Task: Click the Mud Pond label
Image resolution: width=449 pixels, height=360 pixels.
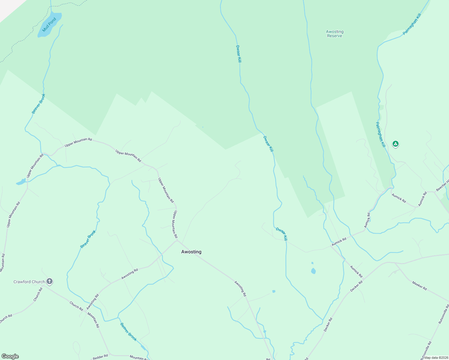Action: point(49,25)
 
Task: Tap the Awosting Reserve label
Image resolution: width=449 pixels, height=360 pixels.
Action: point(335,34)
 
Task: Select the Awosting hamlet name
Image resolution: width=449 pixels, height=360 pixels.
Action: point(191,252)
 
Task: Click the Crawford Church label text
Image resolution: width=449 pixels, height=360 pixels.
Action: point(29,282)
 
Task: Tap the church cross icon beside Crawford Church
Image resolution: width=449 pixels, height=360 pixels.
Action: point(50,281)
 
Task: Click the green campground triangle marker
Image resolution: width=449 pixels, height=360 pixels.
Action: point(396,144)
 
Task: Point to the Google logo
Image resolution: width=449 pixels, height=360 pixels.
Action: point(10,356)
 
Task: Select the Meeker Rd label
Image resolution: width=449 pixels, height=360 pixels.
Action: point(419,285)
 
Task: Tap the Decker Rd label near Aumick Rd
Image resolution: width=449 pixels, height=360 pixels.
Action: point(356,286)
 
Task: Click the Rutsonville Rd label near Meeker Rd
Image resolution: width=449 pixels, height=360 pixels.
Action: point(443,314)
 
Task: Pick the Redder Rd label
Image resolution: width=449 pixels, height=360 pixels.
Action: point(100,357)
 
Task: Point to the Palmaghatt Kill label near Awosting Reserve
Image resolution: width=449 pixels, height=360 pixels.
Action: point(412,24)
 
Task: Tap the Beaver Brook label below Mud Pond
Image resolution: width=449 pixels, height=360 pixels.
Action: point(39,104)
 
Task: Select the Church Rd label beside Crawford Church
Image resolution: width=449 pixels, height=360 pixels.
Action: point(38,295)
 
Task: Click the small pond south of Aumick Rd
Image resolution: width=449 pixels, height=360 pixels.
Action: point(313,271)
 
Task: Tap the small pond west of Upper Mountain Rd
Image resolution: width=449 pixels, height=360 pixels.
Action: point(21,182)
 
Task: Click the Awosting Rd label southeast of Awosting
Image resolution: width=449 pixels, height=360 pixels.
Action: point(240,289)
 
